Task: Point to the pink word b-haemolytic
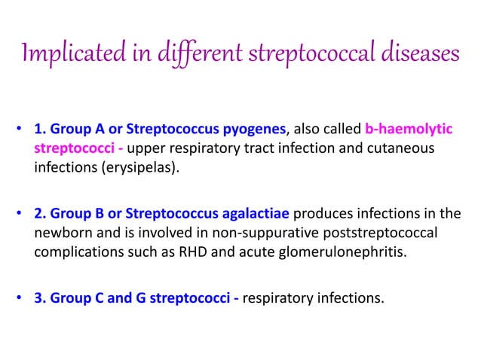[x=409, y=130]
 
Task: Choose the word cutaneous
[x=401, y=148]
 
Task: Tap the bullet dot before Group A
[x=18, y=130]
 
